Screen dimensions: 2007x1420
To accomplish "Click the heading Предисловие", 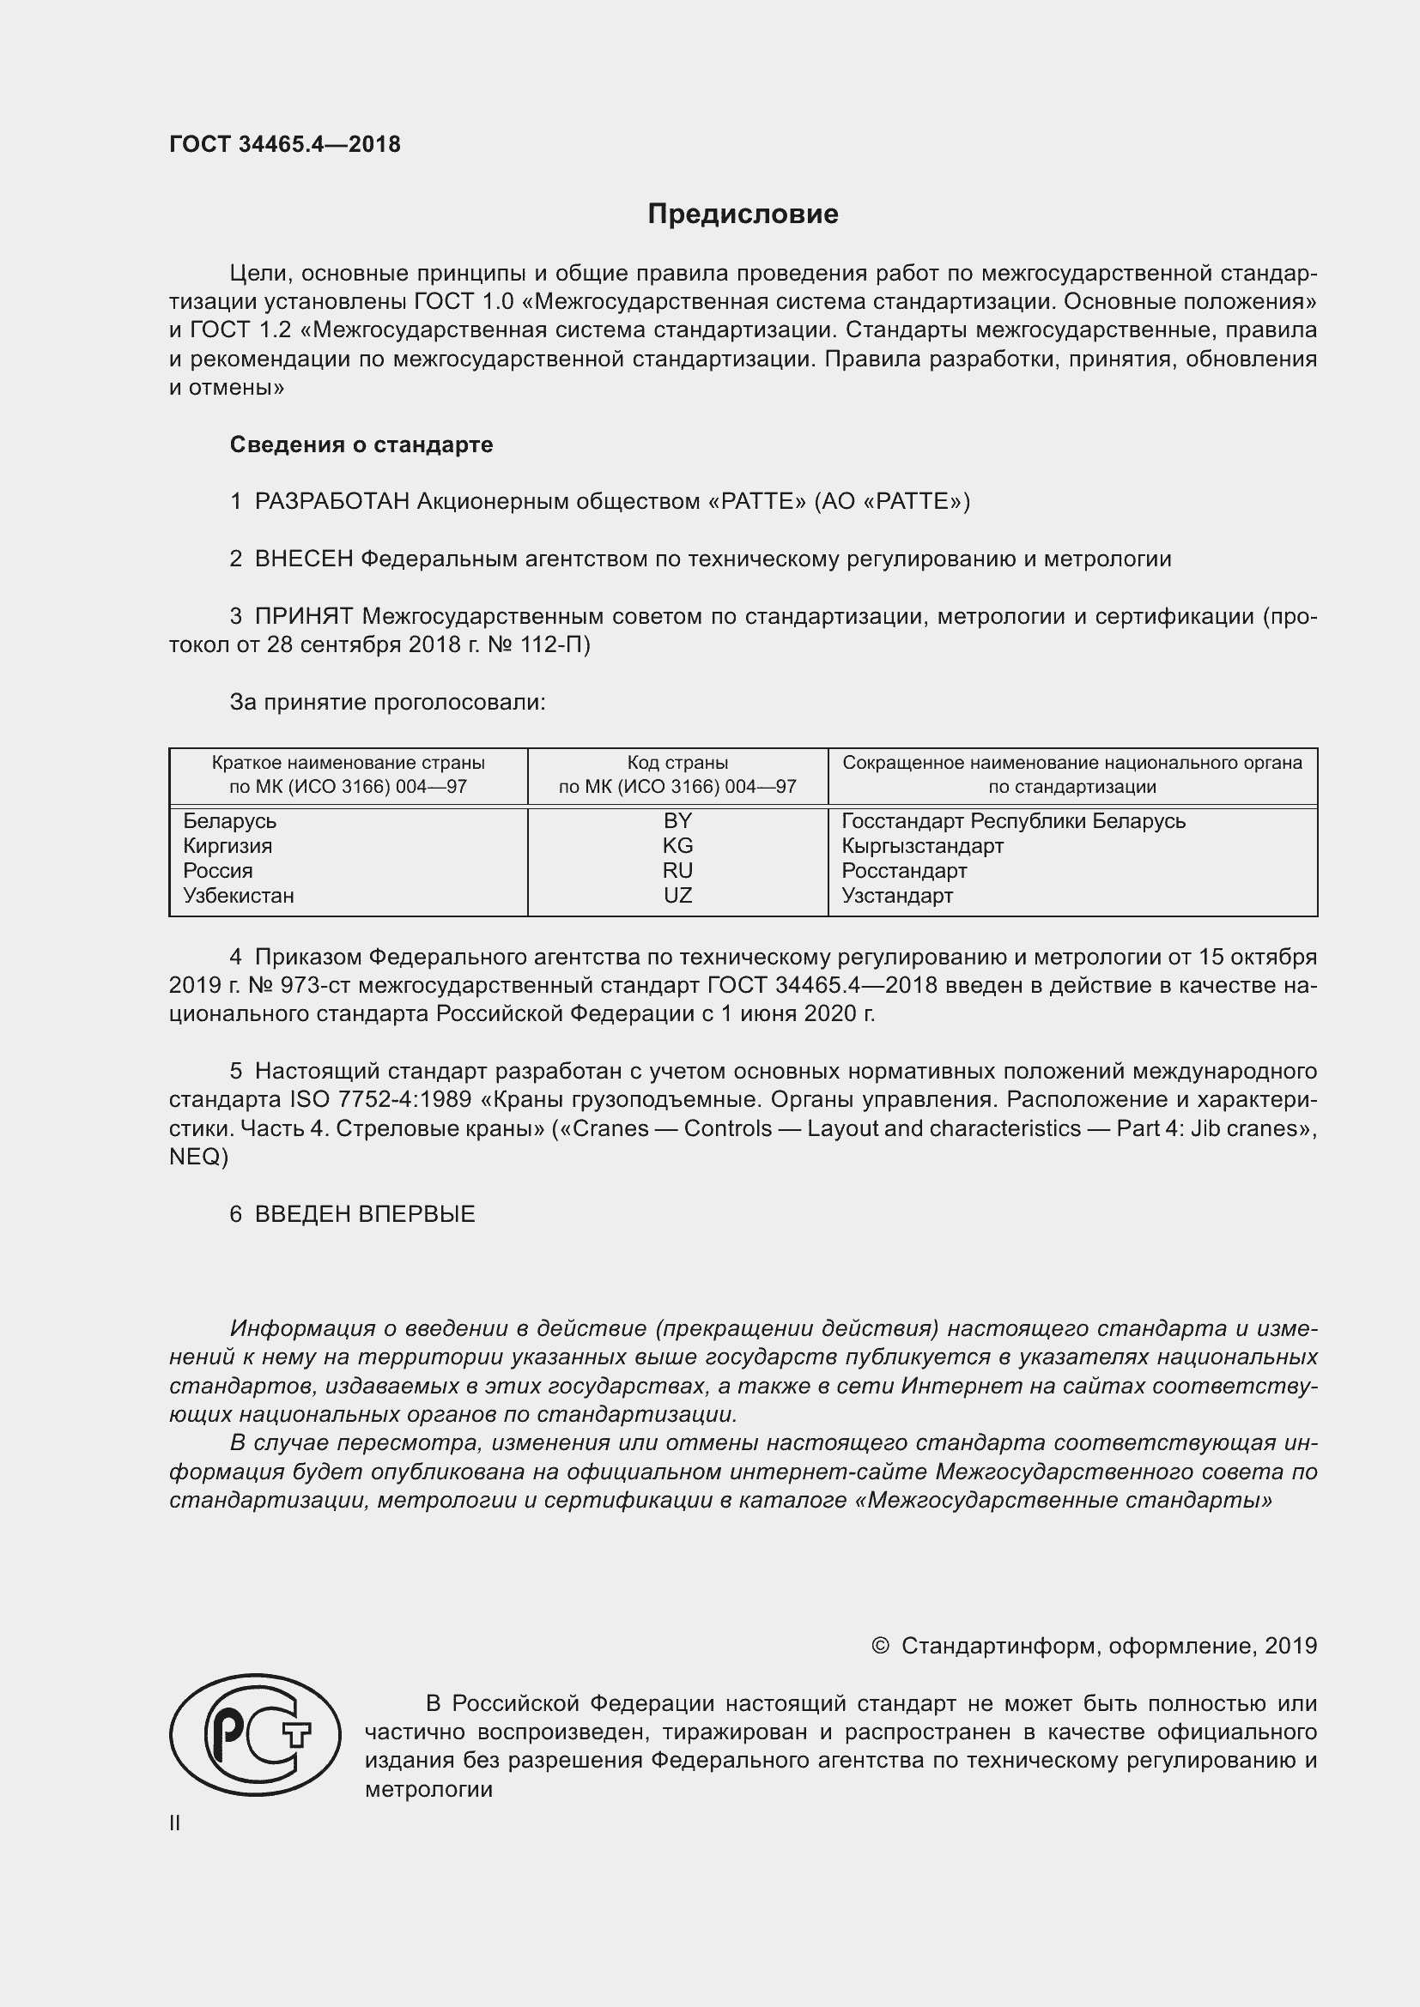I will click(x=743, y=215).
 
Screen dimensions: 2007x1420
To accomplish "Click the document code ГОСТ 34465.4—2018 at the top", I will click(x=284, y=145).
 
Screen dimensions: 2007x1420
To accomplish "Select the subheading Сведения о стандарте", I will click(x=361, y=445).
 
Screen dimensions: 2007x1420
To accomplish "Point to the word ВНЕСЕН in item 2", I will click(x=303, y=559).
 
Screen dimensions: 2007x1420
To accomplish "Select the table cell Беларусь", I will click(x=229, y=822).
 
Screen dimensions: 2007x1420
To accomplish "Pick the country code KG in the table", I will click(x=677, y=846).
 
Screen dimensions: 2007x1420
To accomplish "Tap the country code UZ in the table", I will click(x=677, y=896).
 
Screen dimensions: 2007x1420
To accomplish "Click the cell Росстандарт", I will click(x=904, y=872).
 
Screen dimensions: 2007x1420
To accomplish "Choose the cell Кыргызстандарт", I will click(x=922, y=846).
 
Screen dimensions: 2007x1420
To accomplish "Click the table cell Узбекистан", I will click(x=238, y=896).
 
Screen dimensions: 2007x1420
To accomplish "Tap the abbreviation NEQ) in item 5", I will click(x=198, y=1158).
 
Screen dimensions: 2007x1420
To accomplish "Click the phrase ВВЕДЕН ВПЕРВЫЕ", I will click(x=365, y=1214).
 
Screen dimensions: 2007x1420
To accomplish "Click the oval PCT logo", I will click(x=254, y=1735).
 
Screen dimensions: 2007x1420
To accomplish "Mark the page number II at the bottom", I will click(x=175, y=1823).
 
